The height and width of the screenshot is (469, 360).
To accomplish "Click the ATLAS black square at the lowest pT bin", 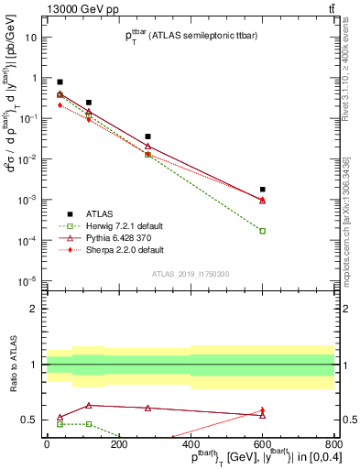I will [60, 82].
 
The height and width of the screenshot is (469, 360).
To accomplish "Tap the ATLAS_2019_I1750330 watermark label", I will [189, 274].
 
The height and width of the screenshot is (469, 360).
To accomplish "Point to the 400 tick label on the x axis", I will [191, 443].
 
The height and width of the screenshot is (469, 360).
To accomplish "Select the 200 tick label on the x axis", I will [118, 443].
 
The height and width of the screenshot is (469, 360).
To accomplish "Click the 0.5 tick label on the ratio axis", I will [30, 420].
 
